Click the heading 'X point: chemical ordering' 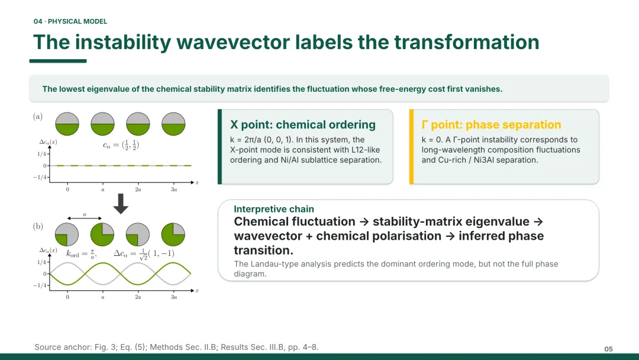click(303, 125)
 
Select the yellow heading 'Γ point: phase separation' click(491, 125)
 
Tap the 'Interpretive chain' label click(274, 209)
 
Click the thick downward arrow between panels click(121, 204)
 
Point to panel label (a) click(38, 117)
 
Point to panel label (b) click(38, 226)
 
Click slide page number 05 click(608, 349)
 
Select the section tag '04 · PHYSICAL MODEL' click(70, 21)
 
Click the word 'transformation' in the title click(467, 43)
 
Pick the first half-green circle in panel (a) click(67, 124)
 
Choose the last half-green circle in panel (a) click(173, 124)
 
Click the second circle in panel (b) click(102, 234)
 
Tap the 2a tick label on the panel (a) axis click(138, 189)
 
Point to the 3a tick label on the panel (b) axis click(173, 297)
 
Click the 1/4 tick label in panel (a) click(41, 154)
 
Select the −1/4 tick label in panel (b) click(40, 285)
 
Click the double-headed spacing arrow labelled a click(85, 218)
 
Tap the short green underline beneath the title click(58, 61)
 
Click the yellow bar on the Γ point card click(412, 147)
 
